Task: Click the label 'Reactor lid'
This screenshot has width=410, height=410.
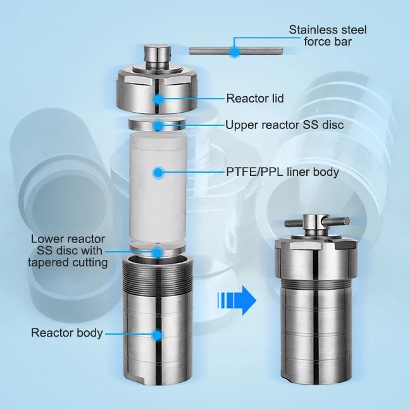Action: coord(254,98)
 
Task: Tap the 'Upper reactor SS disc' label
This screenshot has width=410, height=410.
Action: coord(284,125)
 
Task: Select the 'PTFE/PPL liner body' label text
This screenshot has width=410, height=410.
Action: coord(282,171)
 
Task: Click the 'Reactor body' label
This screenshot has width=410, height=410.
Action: coord(66,333)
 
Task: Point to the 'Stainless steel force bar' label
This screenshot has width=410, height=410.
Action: coord(328,35)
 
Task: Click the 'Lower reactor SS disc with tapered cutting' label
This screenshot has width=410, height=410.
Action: coord(68,251)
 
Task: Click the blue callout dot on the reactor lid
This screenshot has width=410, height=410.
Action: coord(157,98)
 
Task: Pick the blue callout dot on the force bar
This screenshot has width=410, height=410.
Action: coord(235,51)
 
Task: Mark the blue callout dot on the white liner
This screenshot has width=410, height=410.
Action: coord(158,171)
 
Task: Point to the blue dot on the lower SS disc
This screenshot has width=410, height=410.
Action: coord(156,252)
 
